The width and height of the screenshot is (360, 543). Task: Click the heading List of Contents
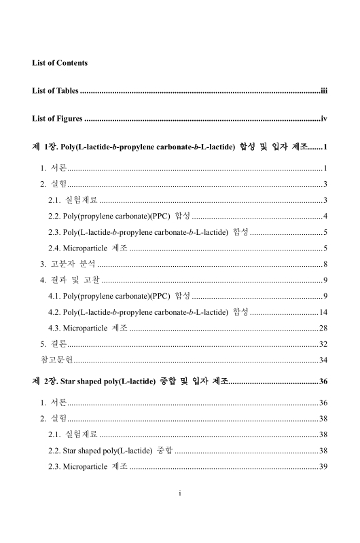click(60, 63)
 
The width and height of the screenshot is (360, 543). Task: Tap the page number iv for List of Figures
click(324, 119)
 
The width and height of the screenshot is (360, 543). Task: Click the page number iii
click(324, 90)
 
